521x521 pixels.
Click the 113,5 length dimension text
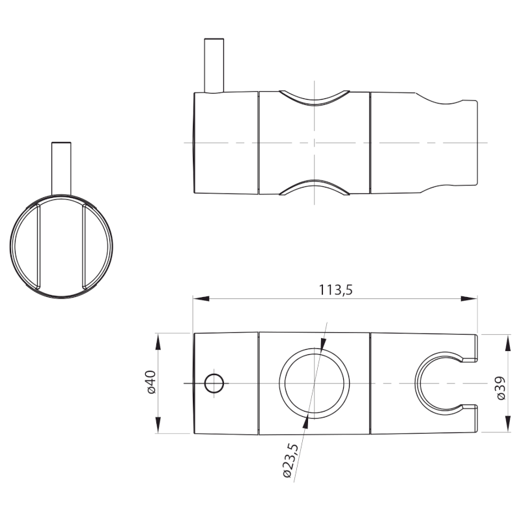click(335, 290)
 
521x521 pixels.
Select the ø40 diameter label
click(150, 382)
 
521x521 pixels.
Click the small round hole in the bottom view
click(213, 383)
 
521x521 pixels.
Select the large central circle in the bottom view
click(314, 382)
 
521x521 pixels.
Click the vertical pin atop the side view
click(214, 65)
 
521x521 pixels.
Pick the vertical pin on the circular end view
click(61, 167)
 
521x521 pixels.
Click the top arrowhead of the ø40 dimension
click(158, 338)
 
